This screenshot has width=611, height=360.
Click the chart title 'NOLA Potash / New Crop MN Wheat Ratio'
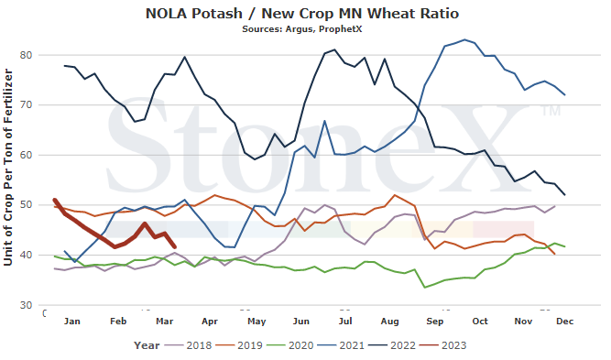302,13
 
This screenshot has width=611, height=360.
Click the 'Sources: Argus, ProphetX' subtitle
302,29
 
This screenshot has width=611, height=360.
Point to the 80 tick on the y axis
27,55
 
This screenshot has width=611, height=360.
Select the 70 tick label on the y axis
27,104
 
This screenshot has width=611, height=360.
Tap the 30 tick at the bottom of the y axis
27,305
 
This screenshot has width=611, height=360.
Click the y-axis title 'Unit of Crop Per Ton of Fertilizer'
8,168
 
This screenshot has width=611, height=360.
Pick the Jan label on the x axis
72,321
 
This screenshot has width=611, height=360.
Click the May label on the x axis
256,322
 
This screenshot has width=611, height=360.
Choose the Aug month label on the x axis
389,322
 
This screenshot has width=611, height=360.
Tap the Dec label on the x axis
564,321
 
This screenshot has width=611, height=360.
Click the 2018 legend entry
189,345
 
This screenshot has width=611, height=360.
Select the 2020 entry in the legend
290,345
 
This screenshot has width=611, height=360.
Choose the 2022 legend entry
392,345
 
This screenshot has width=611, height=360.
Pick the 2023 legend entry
443,345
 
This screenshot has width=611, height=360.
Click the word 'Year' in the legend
147,345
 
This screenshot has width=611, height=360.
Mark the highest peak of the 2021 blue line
464,39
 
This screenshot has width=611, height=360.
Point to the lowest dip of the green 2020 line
424,288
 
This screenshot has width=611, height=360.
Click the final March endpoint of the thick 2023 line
174,247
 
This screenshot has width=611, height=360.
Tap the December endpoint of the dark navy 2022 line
564,195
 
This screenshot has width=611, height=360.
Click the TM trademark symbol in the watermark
551,111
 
